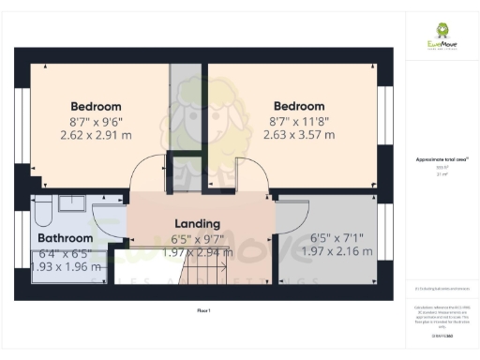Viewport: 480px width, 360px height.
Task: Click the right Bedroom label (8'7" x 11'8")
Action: [x=299, y=106]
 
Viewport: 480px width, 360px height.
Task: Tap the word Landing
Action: [x=198, y=224]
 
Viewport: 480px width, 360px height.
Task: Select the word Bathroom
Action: [x=65, y=239]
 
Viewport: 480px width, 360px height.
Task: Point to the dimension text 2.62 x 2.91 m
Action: [x=97, y=135]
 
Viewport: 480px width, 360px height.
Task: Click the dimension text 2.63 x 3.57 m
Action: [x=299, y=135]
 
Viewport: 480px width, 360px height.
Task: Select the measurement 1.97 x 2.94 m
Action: [x=198, y=253]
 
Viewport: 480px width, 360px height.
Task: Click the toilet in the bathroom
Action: [x=40, y=215]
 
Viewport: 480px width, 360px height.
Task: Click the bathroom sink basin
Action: [x=71, y=202]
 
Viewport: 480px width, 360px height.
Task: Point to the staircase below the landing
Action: [x=205, y=275]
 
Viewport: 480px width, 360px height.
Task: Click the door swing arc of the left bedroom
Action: [x=145, y=173]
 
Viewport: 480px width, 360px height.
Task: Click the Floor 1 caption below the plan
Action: [x=202, y=309]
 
